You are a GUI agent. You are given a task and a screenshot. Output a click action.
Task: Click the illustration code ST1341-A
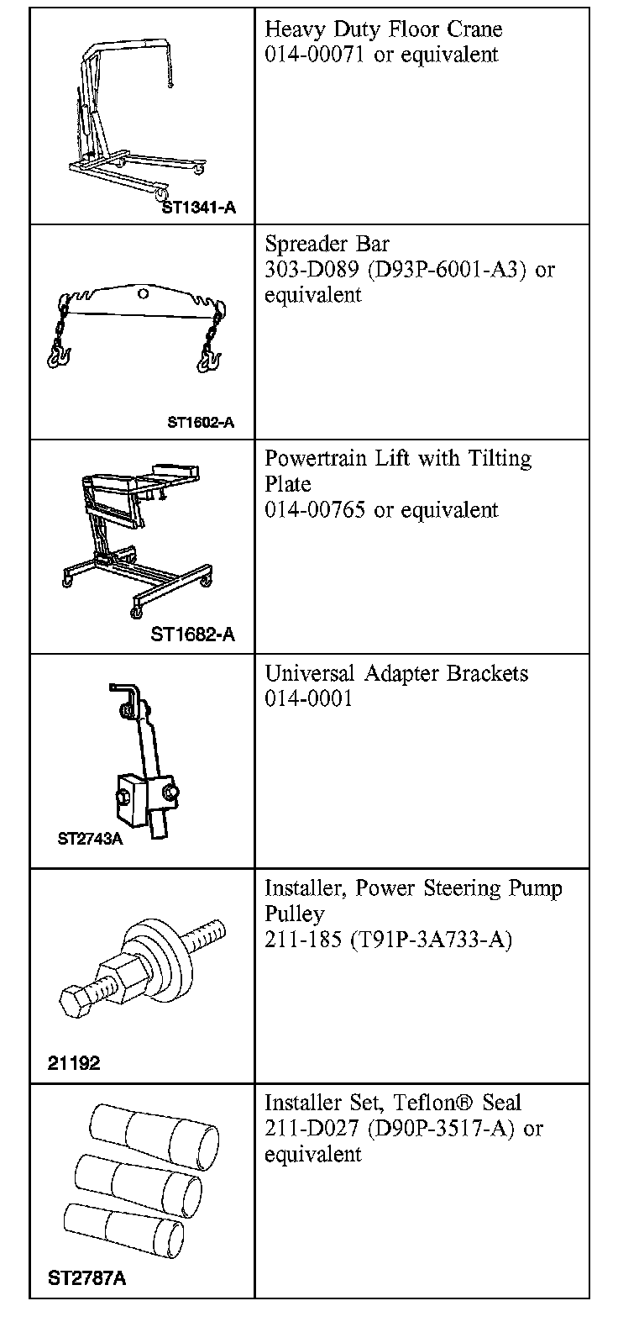pyautogui.click(x=198, y=208)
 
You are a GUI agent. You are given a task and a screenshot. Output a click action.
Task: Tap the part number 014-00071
pyautogui.click(x=315, y=55)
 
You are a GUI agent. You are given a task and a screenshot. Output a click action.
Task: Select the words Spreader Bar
pyautogui.click(x=327, y=245)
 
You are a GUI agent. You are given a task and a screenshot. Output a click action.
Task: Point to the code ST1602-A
pyautogui.click(x=200, y=423)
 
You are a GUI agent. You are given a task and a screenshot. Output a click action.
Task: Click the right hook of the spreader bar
pyautogui.click(x=208, y=361)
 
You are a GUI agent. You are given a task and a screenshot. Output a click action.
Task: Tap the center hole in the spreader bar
pyautogui.click(x=144, y=294)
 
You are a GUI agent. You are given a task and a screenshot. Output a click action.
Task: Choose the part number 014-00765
pyautogui.click(x=315, y=510)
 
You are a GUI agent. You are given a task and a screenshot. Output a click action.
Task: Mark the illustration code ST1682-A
pyautogui.click(x=192, y=635)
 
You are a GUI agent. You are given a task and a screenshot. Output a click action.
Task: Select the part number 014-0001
pyautogui.click(x=308, y=699)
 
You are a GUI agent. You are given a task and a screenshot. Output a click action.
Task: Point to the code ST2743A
pyautogui.click(x=90, y=839)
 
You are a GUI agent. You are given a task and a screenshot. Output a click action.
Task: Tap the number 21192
pyautogui.click(x=74, y=1064)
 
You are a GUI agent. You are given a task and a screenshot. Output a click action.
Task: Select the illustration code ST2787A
pyautogui.click(x=86, y=1279)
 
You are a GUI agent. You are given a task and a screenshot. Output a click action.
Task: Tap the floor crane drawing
pyautogui.click(x=126, y=118)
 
